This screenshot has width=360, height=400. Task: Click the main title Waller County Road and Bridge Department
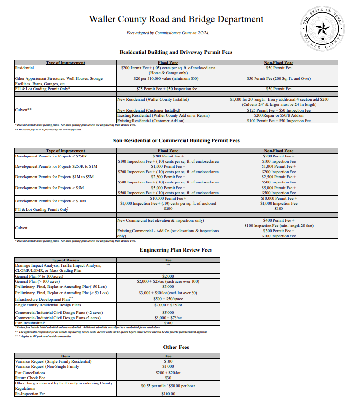click(x=176, y=19)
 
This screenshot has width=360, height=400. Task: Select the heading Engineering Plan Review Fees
click(x=176, y=250)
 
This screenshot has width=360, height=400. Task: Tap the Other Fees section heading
click(x=176, y=347)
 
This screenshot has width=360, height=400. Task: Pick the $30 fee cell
click(x=168, y=378)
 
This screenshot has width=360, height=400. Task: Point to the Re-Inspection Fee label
click(x=30, y=394)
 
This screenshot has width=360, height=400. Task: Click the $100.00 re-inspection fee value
click(x=168, y=394)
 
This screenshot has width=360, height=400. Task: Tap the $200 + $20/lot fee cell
click(x=168, y=372)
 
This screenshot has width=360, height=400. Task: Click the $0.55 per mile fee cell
click(x=168, y=386)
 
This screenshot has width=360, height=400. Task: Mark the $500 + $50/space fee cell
click(x=168, y=299)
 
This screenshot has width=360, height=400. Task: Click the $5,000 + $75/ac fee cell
click(x=168, y=318)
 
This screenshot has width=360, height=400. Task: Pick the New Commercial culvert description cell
click(x=160, y=220)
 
